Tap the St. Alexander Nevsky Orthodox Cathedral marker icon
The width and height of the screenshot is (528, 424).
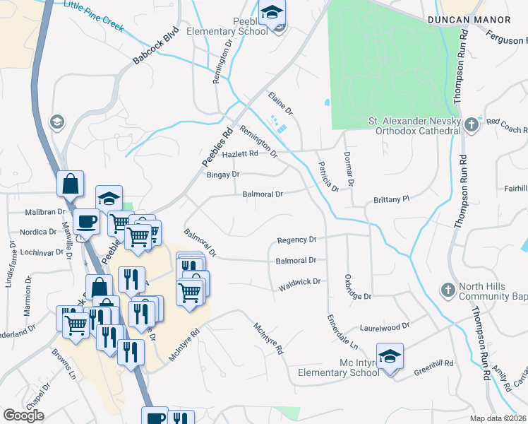click(472, 125)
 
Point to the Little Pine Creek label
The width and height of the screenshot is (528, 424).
click(93, 16)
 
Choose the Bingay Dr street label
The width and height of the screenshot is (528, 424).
click(222, 174)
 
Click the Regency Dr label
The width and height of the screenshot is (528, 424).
click(297, 240)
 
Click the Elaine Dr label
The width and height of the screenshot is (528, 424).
click(280, 103)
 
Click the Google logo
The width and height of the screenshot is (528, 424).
click(24, 416)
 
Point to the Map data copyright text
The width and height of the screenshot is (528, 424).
click(498, 418)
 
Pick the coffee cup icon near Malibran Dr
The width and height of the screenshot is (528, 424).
click(87, 220)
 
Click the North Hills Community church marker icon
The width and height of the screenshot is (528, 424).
click(447, 290)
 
